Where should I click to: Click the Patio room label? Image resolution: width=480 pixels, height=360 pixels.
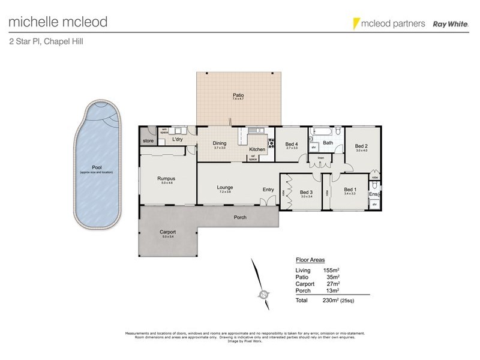238,95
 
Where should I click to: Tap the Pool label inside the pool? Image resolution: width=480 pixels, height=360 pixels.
96,167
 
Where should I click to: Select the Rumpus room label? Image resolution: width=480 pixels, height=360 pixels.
166,178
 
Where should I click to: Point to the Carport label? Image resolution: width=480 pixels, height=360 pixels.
167,232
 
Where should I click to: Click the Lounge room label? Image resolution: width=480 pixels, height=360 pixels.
225,187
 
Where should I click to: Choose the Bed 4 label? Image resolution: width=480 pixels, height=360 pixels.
292,144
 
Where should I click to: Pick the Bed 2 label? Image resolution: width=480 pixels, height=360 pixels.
361,146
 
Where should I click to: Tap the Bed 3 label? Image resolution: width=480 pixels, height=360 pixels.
307,192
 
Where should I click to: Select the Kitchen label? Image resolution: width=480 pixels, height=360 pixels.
257,149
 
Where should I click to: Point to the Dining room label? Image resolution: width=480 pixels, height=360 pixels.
220,143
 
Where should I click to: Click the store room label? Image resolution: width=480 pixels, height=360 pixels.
148,141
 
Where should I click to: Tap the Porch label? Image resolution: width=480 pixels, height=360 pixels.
240,217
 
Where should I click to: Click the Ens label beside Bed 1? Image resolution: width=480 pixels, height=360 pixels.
373,194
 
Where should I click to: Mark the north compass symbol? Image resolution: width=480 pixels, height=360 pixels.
262,294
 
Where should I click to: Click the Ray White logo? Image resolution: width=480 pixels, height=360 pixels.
447,23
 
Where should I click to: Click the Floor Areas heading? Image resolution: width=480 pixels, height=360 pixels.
310,260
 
